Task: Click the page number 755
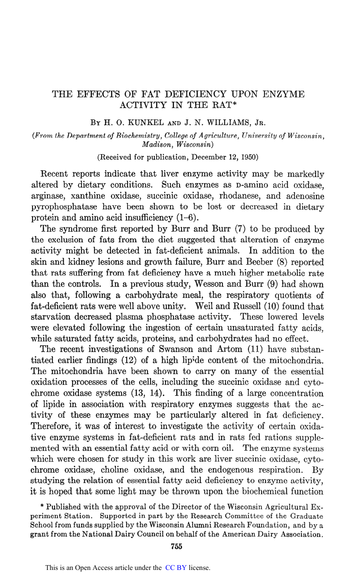(x=177, y=546)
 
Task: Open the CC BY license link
(x=176, y=568)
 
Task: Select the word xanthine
(x=85, y=185)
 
